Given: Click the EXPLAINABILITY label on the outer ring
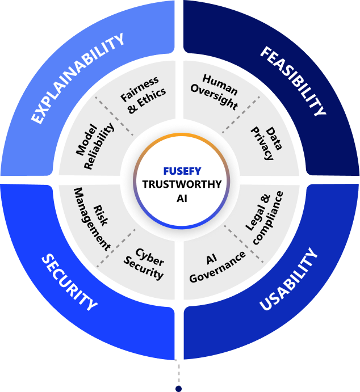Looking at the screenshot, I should (78, 78).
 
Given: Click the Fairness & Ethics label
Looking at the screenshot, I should (143, 94).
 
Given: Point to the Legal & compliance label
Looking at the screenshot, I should (265, 218).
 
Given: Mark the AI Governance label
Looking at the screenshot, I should (217, 267).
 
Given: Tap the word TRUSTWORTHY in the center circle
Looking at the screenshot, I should (181, 184).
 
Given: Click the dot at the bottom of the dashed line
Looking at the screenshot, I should (178, 389).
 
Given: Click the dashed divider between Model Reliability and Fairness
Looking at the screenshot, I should (114, 113).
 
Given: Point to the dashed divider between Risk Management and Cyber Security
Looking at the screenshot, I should (115, 248).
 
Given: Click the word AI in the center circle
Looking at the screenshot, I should (181, 197).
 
